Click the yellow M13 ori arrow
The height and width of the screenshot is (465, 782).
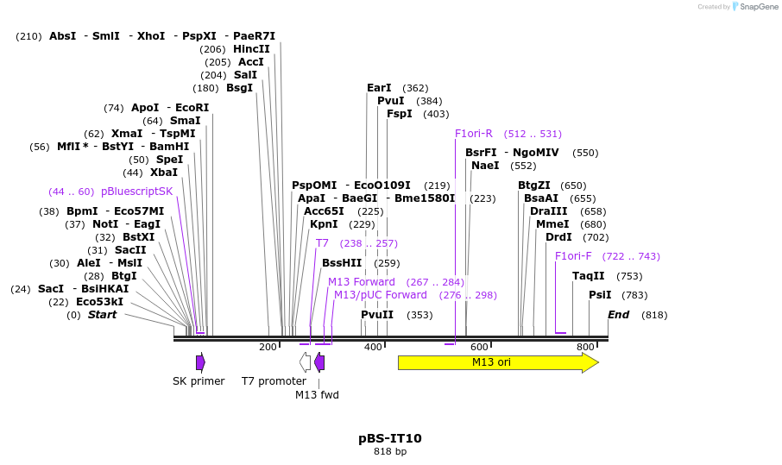pyautogui.click(x=496, y=362)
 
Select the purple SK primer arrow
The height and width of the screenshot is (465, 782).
pyautogui.click(x=200, y=362)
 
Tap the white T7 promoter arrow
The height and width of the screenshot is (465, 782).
pyautogui.click(x=305, y=362)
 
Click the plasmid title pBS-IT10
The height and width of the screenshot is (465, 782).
pyautogui.click(x=390, y=438)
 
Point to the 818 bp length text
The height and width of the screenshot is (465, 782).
pyautogui.click(x=390, y=452)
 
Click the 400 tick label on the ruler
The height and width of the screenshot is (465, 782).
pyautogui.click(x=373, y=347)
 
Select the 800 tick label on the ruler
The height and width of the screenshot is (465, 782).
pyautogui.click(x=585, y=347)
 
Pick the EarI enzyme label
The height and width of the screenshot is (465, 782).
pyautogui.click(x=379, y=88)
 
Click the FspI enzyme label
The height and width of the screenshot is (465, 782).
pyautogui.click(x=399, y=114)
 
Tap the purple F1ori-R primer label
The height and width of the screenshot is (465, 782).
pyautogui.click(x=474, y=134)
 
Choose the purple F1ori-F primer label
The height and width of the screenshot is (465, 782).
pyautogui.click(x=573, y=256)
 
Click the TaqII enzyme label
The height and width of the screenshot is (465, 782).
pyautogui.click(x=589, y=276)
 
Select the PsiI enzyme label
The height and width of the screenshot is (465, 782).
pyautogui.click(x=600, y=295)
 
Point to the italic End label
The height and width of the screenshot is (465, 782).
pyautogui.click(x=619, y=315)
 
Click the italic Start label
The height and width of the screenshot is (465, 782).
pyautogui.click(x=102, y=315)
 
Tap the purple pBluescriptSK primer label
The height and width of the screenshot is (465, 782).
pyautogui.click(x=136, y=192)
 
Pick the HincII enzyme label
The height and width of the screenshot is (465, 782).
pyautogui.click(x=251, y=49)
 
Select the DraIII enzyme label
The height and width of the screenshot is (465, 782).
pyautogui.click(x=549, y=211)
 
